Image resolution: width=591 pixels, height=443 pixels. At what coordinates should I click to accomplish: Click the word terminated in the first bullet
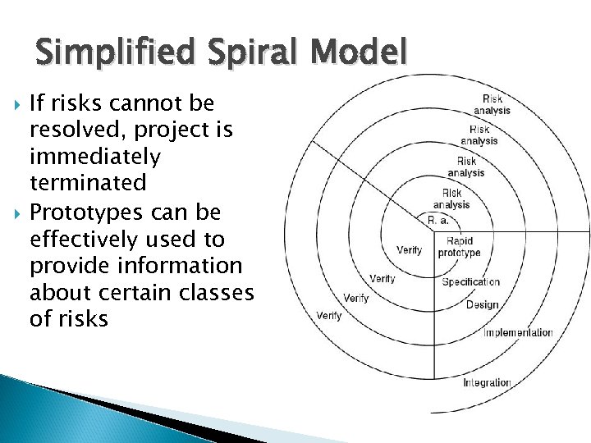coord(87,182)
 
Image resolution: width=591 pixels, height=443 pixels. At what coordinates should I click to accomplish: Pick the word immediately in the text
coord(95,156)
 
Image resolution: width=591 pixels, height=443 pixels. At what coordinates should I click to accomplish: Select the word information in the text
coord(177,266)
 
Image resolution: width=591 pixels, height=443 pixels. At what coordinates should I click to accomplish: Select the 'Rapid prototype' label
coord(460,247)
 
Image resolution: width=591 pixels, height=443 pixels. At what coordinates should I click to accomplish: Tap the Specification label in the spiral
coord(470,282)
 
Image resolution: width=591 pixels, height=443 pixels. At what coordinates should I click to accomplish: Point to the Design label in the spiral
coord(482,305)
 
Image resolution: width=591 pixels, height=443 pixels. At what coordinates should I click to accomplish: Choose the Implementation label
coord(518,332)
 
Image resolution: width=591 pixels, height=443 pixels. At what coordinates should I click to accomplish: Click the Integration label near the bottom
coord(487,382)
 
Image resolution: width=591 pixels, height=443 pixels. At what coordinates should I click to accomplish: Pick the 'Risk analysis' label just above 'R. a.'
coord(451,199)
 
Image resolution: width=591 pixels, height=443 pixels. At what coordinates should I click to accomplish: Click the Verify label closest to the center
coord(409,249)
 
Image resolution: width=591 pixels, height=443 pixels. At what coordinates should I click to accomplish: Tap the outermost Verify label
coord(329,315)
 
